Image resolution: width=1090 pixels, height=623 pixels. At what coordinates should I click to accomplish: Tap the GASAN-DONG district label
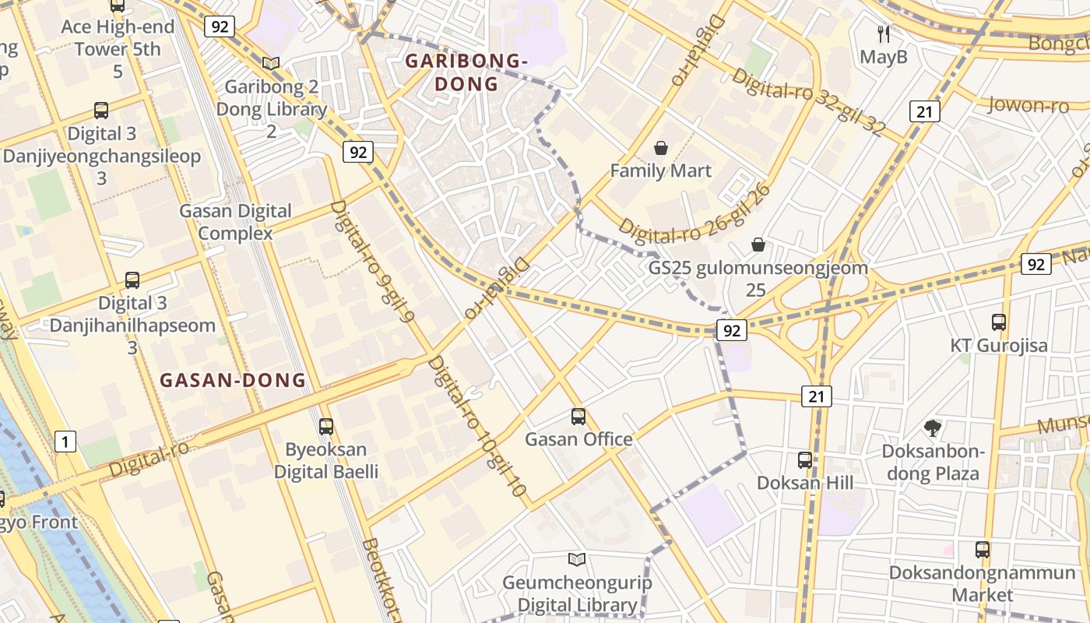(x=232, y=380)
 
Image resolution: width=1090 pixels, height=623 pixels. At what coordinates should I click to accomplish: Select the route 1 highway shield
(x=66, y=442)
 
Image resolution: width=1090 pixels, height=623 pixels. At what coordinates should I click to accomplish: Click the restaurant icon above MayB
(x=883, y=33)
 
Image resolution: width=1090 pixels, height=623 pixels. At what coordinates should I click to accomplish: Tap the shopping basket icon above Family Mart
(x=661, y=147)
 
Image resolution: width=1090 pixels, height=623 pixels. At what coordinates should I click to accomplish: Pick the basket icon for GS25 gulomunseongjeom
(x=758, y=245)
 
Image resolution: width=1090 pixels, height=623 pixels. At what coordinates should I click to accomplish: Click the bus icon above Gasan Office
(x=578, y=416)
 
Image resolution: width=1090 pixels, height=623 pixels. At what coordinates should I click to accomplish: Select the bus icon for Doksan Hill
(x=804, y=459)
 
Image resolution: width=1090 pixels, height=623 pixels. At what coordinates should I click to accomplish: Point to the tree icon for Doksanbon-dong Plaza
(x=932, y=427)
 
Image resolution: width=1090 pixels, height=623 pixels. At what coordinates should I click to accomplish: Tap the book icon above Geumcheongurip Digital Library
(x=576, y=559)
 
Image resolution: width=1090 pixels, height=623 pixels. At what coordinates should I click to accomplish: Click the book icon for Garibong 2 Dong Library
(x=270, y=63)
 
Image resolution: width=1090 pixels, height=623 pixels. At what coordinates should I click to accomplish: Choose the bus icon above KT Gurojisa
(x=998, y=322)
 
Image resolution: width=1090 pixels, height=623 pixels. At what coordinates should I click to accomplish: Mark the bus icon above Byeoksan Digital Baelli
(x=325, y=426)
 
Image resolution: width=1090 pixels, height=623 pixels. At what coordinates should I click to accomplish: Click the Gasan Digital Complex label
(x=235, y=222)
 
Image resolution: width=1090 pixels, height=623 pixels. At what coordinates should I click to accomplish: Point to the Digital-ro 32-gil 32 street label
(x=808, y=103)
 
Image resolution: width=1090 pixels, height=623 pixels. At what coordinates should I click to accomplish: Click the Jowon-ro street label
(x=1028, y=104)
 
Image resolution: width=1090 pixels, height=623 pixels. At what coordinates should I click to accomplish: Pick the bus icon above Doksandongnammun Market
(x=982, y=549)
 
